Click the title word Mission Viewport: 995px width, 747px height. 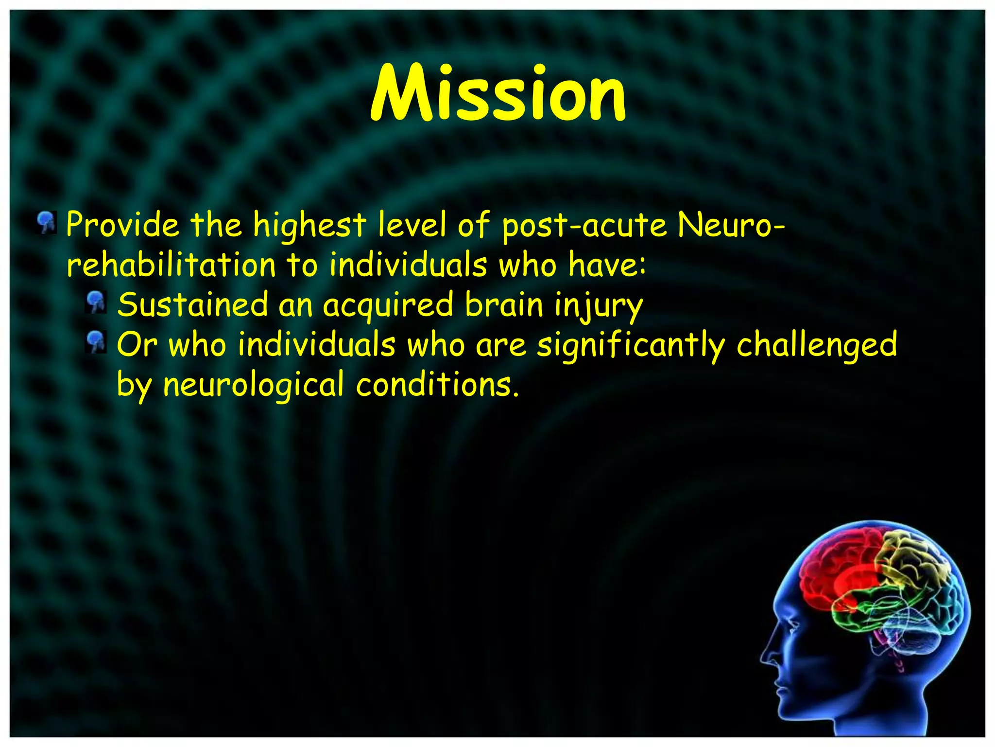pos(498,93)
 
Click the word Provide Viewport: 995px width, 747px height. pos(122,225)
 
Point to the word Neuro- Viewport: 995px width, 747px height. pos(730,225)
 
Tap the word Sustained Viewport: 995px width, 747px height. pos(192,305)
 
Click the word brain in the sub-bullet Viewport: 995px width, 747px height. pos(504,305)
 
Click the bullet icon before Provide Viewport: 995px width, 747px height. pos(47,222)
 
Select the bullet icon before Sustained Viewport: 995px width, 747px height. pos(96,302)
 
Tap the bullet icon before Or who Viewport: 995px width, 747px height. pos(96,342)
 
